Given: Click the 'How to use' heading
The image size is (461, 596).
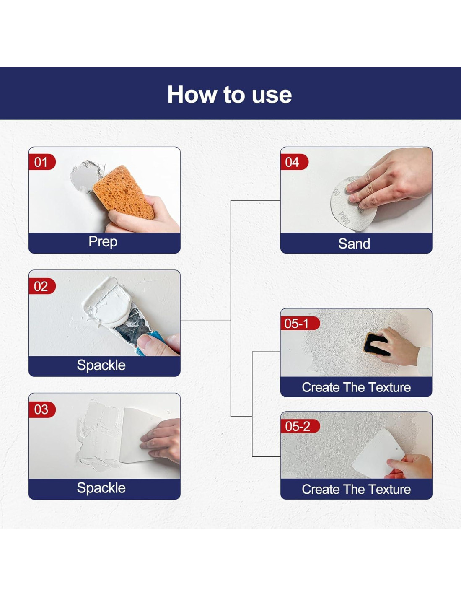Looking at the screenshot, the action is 230,94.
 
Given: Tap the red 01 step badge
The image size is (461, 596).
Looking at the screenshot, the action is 42,162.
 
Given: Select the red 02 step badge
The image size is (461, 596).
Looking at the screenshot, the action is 42,286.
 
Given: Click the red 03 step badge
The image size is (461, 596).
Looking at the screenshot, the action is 42,409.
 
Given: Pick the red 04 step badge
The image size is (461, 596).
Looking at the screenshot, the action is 294,162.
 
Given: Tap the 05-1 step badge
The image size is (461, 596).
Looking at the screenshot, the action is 300,324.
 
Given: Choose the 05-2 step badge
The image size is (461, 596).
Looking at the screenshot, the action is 300,426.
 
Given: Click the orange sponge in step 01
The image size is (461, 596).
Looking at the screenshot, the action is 123,192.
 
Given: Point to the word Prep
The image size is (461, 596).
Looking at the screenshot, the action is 103,242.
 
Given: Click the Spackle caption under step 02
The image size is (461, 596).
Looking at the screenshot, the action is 101,365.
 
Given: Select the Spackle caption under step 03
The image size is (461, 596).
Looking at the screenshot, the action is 101,488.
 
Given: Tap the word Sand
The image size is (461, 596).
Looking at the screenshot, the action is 354,244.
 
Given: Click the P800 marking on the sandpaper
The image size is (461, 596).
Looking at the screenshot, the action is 344,218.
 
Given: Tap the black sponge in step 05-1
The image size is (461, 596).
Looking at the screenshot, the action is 376,344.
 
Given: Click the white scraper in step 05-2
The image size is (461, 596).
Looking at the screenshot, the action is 378,454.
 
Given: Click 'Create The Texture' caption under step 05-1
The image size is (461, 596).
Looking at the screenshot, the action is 356,387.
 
